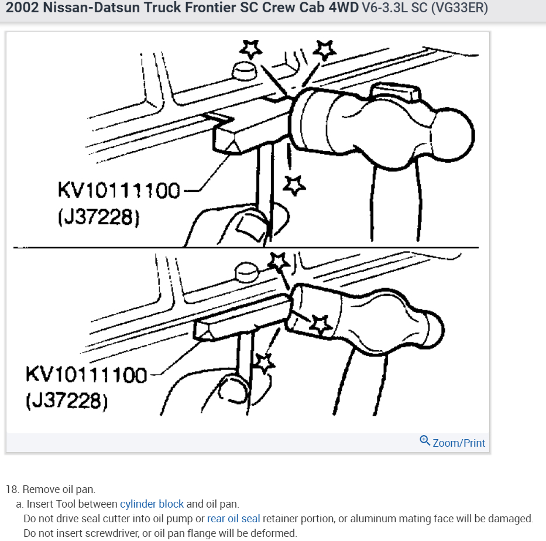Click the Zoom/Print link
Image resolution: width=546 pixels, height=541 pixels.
(459, 443)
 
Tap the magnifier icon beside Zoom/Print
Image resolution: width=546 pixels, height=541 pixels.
(425, 441)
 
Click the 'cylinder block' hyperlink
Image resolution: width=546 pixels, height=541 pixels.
(152, 504)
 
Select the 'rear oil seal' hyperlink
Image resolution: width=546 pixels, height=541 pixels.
(233, 519)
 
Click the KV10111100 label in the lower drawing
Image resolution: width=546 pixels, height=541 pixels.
(86, 375)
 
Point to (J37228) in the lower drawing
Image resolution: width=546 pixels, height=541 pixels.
(66, 402)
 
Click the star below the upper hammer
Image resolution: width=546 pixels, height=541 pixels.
(294, 185)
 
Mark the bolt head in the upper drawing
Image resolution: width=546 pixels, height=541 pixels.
(244, 71)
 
